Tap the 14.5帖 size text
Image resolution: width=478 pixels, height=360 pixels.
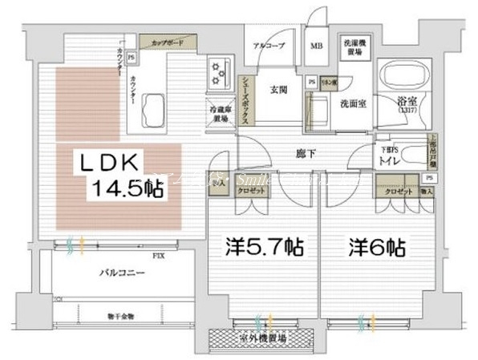pos(128,189)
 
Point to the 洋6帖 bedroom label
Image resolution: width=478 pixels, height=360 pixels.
pos(376,247)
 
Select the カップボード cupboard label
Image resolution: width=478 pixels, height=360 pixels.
pos(165,38)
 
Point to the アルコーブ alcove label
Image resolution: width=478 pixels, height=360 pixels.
pos(265,47)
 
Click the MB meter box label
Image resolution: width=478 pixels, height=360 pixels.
pos(318,47)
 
